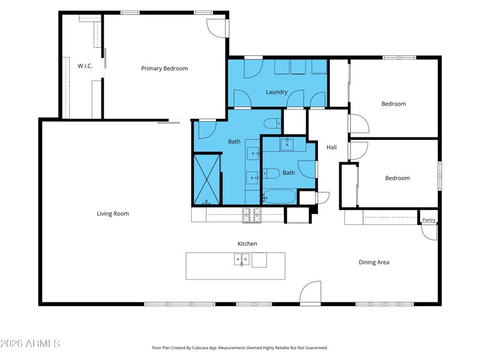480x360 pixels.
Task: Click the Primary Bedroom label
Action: (164, 68)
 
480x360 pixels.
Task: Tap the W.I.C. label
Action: (85, 66)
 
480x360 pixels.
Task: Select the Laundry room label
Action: (277, 92)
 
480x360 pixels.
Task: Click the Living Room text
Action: (113, 214)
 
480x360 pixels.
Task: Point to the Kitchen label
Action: (247, 244)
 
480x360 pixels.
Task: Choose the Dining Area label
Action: (374, 262)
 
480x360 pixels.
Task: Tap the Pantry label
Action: (428, 220)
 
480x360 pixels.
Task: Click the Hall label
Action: (332, 147)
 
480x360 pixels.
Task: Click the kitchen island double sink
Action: (242, 259)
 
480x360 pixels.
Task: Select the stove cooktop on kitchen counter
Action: (252, 215)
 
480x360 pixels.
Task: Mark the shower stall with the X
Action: (207, 179)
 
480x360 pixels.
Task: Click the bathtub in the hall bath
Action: (279, 197)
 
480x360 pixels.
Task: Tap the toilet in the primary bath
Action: (272, 124)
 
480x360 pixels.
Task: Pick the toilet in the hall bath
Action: (271, 173)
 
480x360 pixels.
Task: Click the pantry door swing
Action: (429, 232)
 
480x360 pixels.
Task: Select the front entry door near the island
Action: (310, 293)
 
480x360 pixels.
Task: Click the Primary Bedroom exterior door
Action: (217, 29)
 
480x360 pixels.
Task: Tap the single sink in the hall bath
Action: (287, 145)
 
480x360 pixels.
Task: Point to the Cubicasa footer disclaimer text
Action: (239, 348)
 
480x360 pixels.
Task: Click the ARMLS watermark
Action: (30, 343)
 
